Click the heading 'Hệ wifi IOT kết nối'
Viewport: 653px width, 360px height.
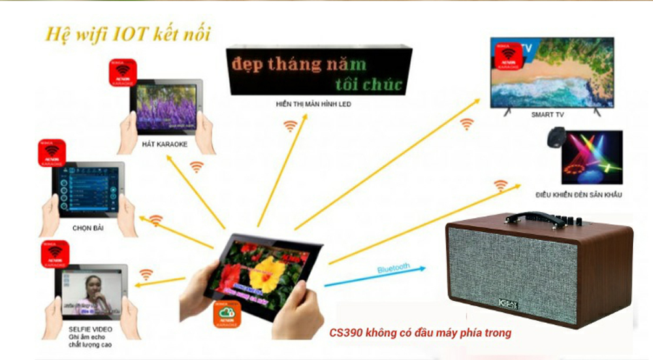click(128, 34)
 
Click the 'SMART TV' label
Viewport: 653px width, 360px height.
click(547, 114)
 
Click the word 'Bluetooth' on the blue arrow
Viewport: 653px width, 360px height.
click(394, 267)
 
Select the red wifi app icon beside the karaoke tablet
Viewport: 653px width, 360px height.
click(121, 74)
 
